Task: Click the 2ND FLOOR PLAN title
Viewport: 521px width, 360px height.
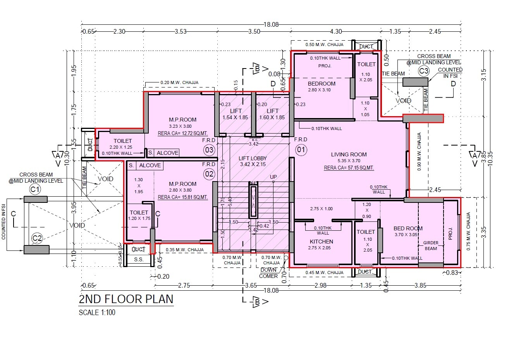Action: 126,299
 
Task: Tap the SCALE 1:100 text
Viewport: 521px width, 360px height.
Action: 97,312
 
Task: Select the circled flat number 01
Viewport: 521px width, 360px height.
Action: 301,149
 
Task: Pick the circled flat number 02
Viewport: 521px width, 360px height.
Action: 209,174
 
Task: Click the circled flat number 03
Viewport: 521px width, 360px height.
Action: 209,150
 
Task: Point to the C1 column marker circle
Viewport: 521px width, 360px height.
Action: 35,189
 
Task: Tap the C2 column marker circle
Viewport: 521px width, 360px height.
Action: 37,238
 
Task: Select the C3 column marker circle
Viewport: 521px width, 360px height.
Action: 424,71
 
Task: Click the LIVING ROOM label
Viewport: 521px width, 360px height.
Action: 349,154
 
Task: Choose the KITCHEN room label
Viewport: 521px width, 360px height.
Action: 321,241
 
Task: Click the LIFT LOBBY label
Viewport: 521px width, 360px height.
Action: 253,158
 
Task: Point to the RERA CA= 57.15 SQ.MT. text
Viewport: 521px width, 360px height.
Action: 349,168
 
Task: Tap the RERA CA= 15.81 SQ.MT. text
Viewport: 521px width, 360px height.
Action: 183,197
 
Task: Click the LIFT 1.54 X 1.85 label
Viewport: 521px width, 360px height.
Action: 236,114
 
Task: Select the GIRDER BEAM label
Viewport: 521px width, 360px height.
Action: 430,245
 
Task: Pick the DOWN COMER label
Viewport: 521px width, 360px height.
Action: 268,273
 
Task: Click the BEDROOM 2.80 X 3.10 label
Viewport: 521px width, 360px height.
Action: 322,86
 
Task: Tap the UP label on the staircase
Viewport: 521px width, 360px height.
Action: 273,177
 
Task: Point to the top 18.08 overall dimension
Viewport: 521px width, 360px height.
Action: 271,24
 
